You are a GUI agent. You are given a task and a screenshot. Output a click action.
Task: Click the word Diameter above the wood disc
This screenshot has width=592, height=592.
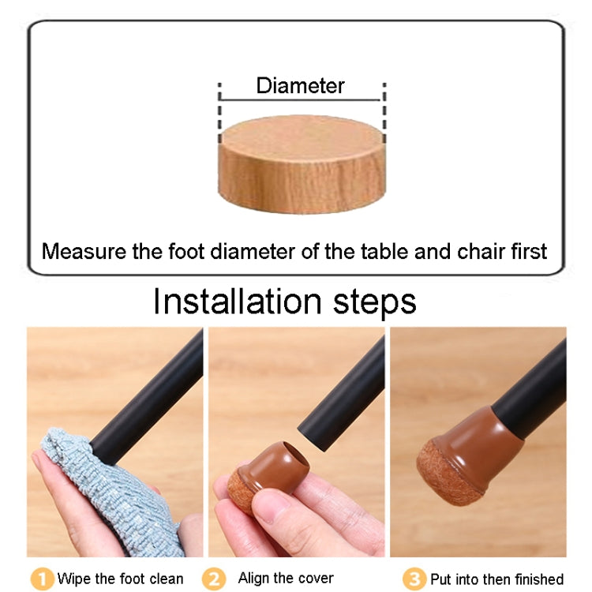click(x=301, y=86)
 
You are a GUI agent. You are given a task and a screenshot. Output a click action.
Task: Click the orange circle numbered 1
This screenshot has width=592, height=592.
click(x=41, y=579)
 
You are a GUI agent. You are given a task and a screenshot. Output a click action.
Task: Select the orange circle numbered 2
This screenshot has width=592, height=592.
click(x=212, y=579)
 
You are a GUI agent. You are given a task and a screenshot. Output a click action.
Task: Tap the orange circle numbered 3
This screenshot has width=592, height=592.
click(x=414, y=579)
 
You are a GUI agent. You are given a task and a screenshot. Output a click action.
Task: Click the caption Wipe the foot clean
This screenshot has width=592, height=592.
click(x=119, y=579)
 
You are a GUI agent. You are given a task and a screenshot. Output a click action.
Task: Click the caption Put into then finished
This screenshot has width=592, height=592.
click(x=496, y=579)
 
